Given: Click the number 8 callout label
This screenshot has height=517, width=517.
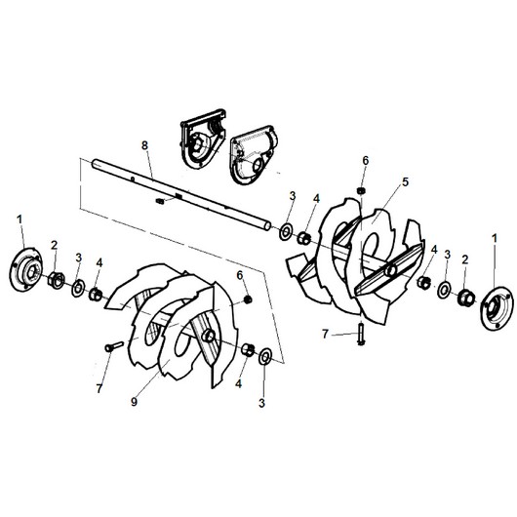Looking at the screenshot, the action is tap(144, 145).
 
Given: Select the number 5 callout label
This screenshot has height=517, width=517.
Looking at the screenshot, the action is tap(405, 181).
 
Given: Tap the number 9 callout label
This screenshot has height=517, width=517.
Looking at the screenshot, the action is tap(134, 402).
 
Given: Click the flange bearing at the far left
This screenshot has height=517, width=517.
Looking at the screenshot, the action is tap(26, 269).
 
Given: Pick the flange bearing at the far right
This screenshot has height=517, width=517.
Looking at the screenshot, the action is tap(497, 308).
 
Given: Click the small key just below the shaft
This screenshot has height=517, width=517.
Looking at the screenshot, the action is tap(160, 201).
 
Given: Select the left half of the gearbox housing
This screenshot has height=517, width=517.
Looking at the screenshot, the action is tap(203, 139).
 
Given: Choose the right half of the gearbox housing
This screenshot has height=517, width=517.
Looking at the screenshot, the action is tap(254, 155).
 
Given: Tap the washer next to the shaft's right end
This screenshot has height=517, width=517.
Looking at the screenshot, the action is tap(285, 232).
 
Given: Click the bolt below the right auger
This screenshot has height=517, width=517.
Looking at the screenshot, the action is tap(361, 334).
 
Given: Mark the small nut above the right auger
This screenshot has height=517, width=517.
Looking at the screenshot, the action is tap(361, 191).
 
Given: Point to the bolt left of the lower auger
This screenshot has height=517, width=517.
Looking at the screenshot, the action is tap(113, 347).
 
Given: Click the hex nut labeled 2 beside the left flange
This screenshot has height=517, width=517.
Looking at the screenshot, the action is tap(56, 280).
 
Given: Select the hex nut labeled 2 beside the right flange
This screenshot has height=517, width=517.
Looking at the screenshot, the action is tap(465, 298).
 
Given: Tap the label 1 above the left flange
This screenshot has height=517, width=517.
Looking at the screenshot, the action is tap(20, 219).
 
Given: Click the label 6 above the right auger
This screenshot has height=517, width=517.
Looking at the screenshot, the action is tap(366, 161).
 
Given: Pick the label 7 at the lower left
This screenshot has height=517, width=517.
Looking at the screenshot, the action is tap(99, 388).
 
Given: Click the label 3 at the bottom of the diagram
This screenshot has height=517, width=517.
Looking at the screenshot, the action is tap(261, 403).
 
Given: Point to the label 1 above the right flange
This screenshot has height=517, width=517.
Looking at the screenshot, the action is tap(495, 238).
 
